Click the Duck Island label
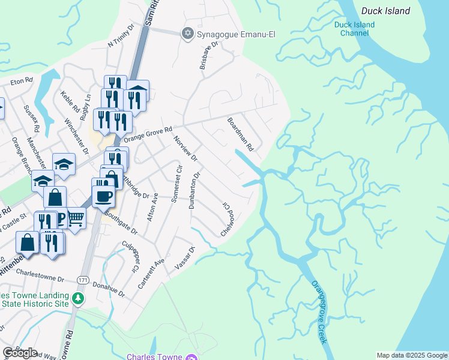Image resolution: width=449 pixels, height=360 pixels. click(x=385, y=11)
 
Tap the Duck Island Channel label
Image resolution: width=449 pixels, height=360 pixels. click(x=354, y=29)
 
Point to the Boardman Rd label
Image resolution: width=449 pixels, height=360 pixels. click(x=241, y=134)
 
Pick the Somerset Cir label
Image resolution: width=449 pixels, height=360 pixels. click(x=175, y=182)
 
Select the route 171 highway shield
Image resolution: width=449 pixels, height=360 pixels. click(x=83, y=280)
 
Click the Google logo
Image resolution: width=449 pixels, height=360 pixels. click(x=20, y=353)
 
